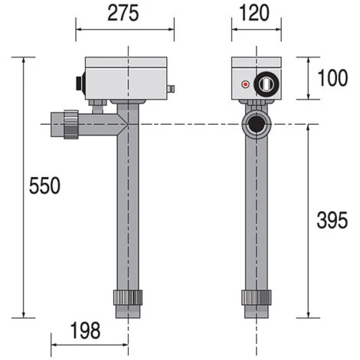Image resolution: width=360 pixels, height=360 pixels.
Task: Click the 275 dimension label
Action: pos(123,13)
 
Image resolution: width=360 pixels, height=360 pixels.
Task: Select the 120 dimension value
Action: pos(254,13)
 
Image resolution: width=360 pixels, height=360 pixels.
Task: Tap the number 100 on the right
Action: pos(332,78)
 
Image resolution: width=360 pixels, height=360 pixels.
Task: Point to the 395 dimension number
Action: pos(332,220)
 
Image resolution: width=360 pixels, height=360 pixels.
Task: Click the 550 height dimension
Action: pos(44,185)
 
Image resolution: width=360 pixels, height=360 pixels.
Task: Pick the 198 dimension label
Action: pos(85,330)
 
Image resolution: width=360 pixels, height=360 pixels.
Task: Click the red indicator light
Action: pos(245,84)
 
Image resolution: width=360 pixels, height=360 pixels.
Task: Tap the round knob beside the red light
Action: pos(266,83)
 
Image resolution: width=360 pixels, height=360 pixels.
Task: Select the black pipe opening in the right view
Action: pos(256,124)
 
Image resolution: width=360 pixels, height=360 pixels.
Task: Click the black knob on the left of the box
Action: pos(80,83)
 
